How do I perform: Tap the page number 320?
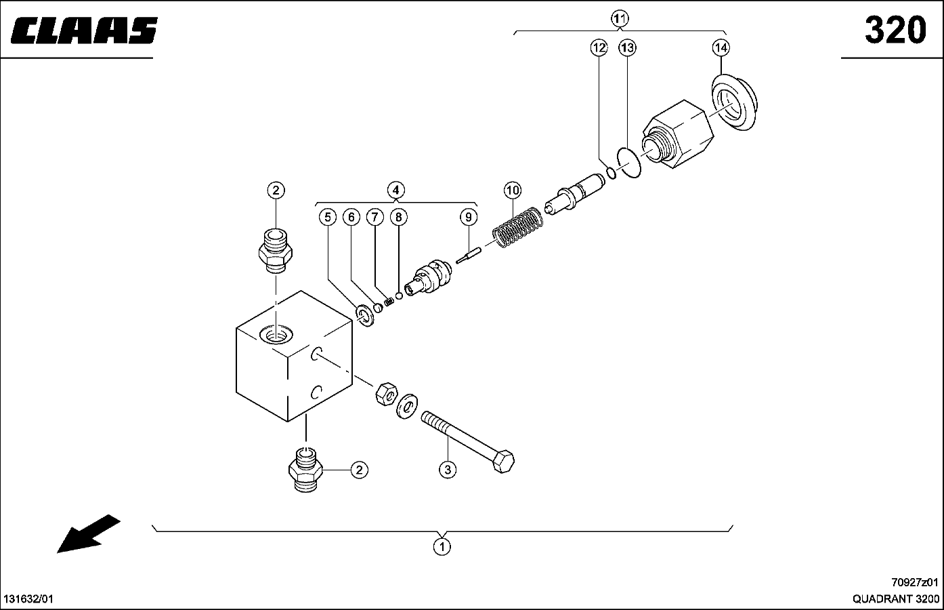pos(895,30)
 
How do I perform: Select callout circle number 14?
pos(721,47)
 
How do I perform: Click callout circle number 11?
pos(619,18)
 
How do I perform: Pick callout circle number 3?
pos(447,468)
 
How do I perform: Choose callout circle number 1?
pos(442,546)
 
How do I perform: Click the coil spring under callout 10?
pos(518,227)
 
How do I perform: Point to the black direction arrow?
pos(88,533)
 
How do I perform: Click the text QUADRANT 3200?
pos(895,599)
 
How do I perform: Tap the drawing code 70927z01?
pos(915,582)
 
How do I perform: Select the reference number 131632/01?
pos(28,599)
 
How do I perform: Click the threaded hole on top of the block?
pos(277,335)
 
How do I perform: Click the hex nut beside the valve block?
pos(385,392)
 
